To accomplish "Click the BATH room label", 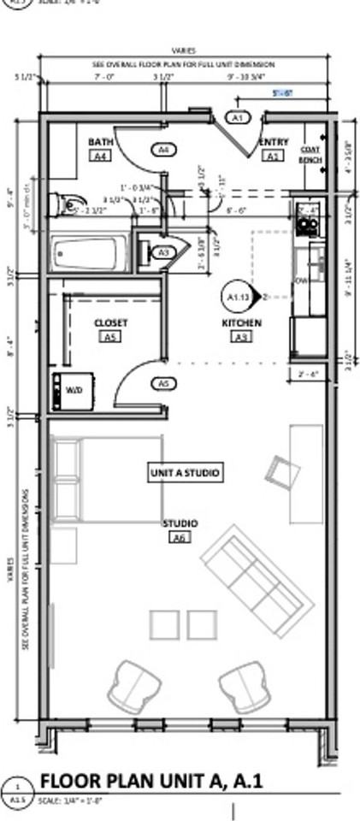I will click(100, 142).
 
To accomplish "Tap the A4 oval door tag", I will click(164, 150).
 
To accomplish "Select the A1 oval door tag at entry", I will click(238, 117).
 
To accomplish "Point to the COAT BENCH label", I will click(310, 154).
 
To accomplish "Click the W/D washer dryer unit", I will click(68, 390).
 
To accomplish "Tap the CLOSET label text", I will click(110, 322).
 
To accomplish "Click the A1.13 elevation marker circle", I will click(237, 296).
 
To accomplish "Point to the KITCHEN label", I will click(241, 323).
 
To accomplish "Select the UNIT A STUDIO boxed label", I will click(185, 472).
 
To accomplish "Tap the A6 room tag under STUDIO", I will click(179, 538).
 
